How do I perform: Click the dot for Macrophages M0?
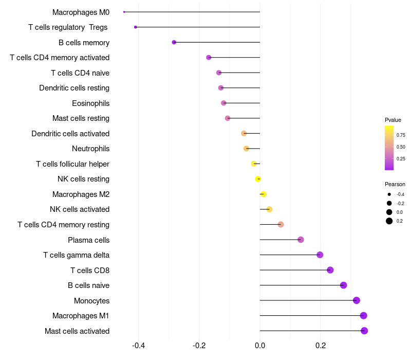pos(124,12)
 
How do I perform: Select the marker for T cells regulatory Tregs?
pos(136,27)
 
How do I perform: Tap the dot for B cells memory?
pos(174,42)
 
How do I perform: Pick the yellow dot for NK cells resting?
pos(258,179)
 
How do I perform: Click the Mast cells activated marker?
pos(364,331)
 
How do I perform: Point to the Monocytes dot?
pos(357,300)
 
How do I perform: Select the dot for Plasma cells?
pos(301,240)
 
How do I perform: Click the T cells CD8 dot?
pos(330,270)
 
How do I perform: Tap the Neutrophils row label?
pos(91,149)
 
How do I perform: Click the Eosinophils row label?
pos(91,103)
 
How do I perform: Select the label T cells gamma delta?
pos(76,255)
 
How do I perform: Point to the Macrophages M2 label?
pos(81,194)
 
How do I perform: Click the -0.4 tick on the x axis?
pos(138,345)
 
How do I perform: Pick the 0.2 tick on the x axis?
pos(321,345)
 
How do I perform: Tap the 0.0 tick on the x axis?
pos(260,345)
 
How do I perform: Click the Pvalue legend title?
pos(393,120)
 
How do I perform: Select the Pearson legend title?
pos(395,184)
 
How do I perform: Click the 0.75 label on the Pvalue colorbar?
pos(401,135)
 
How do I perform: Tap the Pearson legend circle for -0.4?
pos(389,194)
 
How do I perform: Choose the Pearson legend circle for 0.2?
pos(389,221)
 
